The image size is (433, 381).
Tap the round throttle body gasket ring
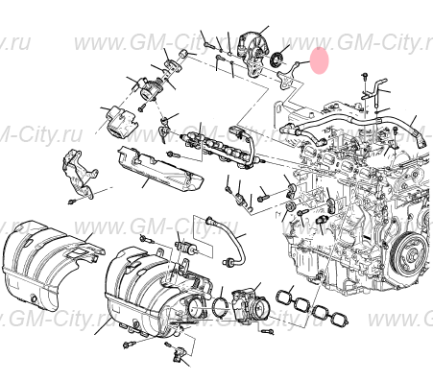point(220,305)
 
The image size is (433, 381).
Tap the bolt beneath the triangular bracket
point(73,203)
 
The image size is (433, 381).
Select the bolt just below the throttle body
point(272,329)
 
